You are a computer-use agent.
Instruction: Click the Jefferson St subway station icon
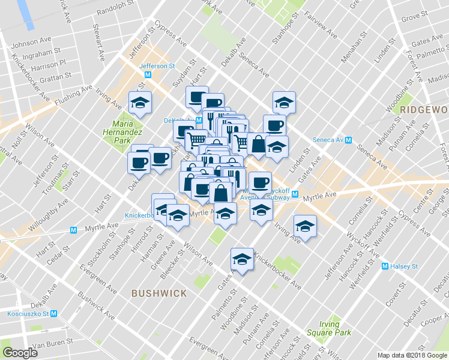pos(148,75)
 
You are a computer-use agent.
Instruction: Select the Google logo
pos(20,353)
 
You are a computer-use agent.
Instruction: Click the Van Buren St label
pos(52,344)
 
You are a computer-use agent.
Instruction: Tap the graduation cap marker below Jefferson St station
pos(140,103)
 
